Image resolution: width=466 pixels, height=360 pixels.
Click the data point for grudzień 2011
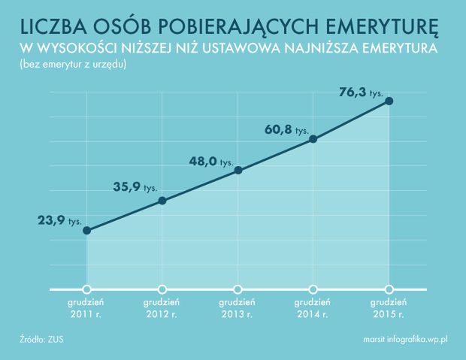pyautogui.click(x=87, y=230)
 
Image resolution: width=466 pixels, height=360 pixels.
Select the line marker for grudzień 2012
pyautogui.click(x=163, y=201)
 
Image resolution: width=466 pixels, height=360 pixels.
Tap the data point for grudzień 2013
pyautogui.click(x=238, y=170)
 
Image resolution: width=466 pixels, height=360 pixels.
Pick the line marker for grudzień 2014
pyautogui.click(x=313, y=139)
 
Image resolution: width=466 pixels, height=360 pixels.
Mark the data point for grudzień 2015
pyautogui.click(x=389, y=101)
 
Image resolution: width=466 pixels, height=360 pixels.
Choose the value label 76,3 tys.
pyautogui.click(x=362, y=93)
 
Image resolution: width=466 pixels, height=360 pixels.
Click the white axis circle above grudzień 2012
pyautogui.click(x=163, y=289)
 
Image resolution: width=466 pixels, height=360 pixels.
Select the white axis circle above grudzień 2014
pyautogui.click(x=313, y=289)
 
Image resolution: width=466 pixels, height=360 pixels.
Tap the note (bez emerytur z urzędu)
pyautogui.click(x=68, y=65)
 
